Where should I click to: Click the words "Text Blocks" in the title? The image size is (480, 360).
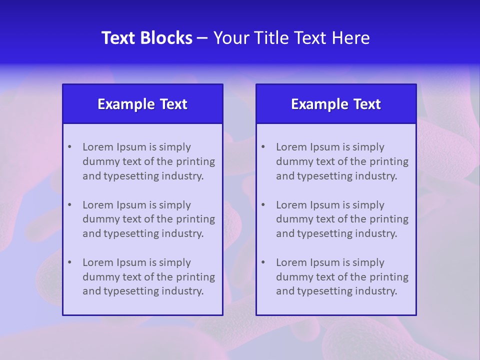[146, 38]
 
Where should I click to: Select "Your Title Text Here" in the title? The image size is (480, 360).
[291, 38]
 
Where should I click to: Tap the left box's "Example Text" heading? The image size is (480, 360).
[142, 104]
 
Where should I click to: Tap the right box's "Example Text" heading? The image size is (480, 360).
[336, 104]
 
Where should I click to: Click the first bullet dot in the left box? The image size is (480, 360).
[69, 147]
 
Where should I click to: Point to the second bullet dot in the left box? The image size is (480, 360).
[69, 205]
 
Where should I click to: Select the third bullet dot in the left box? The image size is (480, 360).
[69, 262]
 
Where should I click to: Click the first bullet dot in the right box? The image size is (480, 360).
[263, 147]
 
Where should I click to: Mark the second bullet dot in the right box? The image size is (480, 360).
[263, 205]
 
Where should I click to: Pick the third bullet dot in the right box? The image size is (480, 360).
[263, 262]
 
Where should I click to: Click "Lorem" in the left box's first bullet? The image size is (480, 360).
[98, 147]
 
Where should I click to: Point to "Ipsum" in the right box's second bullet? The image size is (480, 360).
[325, 205]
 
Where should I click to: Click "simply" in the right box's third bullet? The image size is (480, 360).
[368, 262]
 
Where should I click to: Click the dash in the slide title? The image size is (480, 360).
[202, 38]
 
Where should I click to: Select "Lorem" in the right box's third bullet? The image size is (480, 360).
[291, 262]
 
